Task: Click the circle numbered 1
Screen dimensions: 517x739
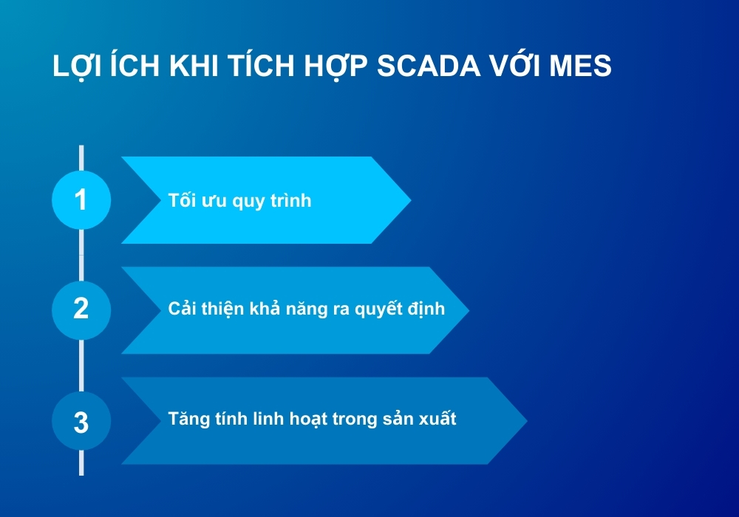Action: coord(81,199)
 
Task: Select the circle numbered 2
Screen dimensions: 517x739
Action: coord(81,309)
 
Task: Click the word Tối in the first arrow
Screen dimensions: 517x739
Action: coord(182,200)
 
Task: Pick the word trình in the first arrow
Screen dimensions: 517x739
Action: coord(290,200)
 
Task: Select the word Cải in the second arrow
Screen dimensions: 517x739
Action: coord(182,309)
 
